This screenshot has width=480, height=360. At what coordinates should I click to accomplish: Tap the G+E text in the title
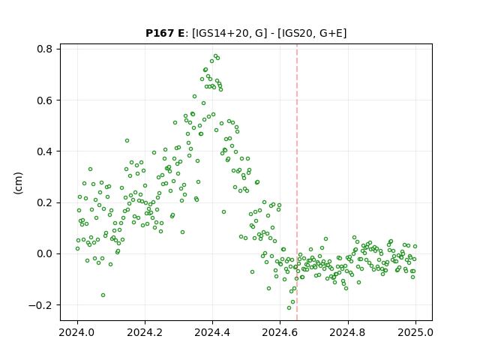click(x=331, y=33)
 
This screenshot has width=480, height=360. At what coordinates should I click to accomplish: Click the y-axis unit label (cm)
click(x=18, y=183)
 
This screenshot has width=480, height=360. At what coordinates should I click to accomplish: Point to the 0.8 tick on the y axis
click(x=44, y=49)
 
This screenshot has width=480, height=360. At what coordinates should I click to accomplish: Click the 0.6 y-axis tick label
click(x=44, y=100)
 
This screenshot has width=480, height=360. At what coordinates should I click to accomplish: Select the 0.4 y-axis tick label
click(x=44, y=151)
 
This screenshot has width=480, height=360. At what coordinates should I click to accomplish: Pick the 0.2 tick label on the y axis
click(x=44, y=202)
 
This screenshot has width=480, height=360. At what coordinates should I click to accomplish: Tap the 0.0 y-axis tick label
click(x=44, y=253)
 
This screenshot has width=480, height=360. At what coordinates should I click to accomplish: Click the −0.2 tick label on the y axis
click(x=40, y=305)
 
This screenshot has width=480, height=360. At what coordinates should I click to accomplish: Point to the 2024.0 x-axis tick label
click(x=77, y=332)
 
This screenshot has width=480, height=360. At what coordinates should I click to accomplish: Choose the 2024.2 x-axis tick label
click(x=145, y=332)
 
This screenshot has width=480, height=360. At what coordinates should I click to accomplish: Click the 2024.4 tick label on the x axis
click(x=212, y=332)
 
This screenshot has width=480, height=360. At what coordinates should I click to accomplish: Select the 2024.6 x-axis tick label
click(x=280, y=332)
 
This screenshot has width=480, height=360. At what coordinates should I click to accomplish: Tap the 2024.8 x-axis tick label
click(x=348, y=332)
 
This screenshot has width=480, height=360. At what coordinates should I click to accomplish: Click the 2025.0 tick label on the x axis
click(x=415, y=332)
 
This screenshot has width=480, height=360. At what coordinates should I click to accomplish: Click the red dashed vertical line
click(x=297, y=182)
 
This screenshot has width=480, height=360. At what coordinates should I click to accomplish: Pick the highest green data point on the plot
click(x=215, y=56)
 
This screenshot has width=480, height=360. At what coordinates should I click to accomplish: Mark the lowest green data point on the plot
click(x=289, y=307)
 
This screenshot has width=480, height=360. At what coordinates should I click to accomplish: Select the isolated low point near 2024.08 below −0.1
click(x=103, y=295)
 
